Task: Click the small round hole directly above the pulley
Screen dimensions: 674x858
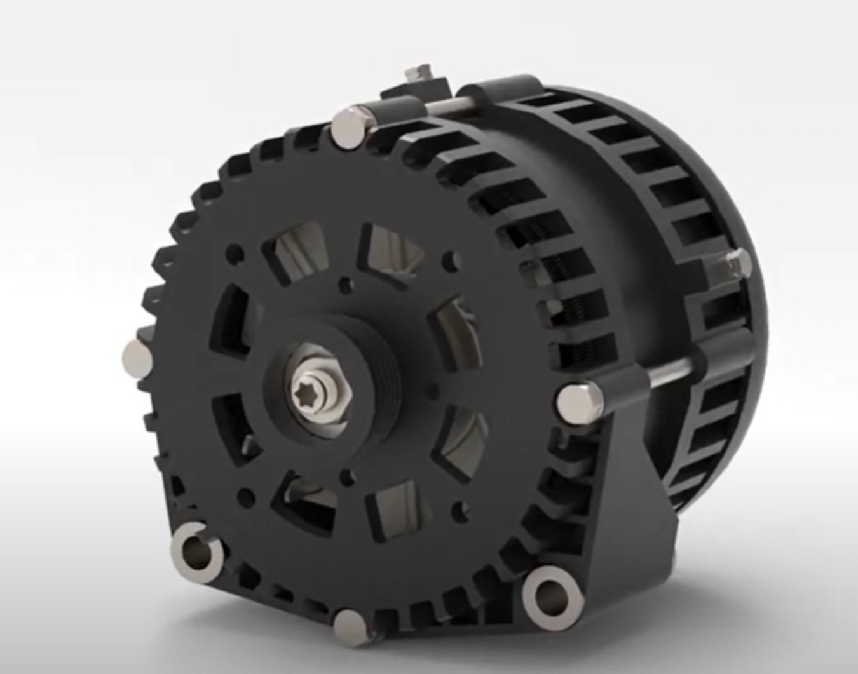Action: [x=346, y=284]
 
